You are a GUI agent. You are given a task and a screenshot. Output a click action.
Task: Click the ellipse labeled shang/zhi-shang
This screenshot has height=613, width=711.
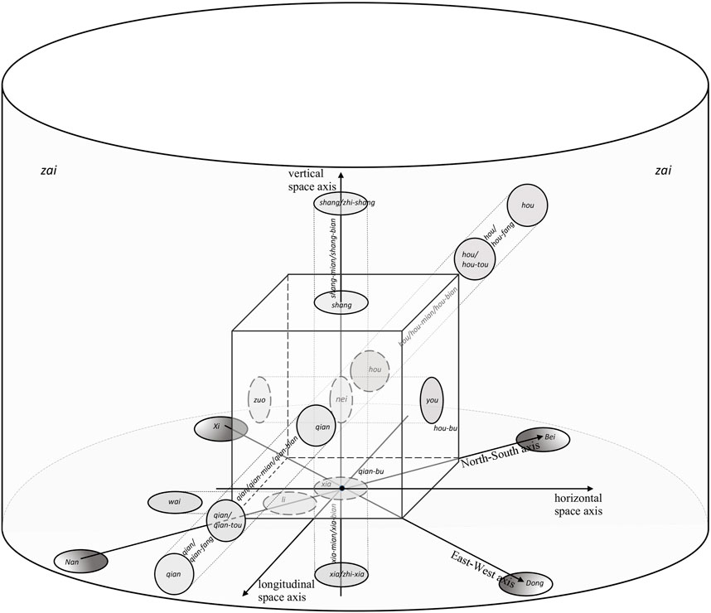[x=341, y=205]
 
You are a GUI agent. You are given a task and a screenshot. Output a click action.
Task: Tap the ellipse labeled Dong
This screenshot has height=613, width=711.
[x=525, y=581]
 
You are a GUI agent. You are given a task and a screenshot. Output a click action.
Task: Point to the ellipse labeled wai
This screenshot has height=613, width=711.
[x=175, y=502]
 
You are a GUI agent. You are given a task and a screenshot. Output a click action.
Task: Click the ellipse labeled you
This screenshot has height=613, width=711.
[x=432, y=399]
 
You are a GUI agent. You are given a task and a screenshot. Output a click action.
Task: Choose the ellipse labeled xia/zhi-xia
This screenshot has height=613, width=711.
[x=341, y=574]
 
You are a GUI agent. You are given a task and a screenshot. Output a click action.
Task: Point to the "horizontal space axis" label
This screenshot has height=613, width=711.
[x=578, y=504]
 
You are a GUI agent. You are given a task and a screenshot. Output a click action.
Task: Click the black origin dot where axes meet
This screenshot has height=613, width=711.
[x=341, y=489]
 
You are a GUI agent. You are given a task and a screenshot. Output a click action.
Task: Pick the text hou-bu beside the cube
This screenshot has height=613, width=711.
[x=445, y=428]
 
